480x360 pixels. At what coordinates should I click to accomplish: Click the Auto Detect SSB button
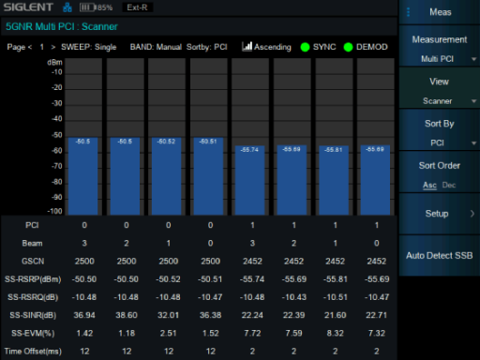pyautogui.click(x=439, y=256)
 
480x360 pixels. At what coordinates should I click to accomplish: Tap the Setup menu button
pyautogui.click(x=439, y=214)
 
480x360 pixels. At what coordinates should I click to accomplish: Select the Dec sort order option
pyautogui.click(x=449, y=185)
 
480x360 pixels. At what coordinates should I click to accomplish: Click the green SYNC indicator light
pyautogui.click(x=305, y=47)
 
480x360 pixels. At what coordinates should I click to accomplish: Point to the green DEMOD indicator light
pyautogui.click(x=348, y=47)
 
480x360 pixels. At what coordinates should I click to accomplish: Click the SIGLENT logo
pyautogui.click(x=28, y=7)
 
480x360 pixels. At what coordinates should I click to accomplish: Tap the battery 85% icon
pyautogui.click(x=96, y=7)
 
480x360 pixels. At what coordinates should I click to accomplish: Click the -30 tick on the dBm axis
pyautogui.click(x=57, y=103)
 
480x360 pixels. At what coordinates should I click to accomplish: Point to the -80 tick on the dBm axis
pyautogui.click(x=57, y=182)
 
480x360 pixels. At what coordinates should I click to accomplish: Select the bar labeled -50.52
pyautogui.click(x=167, y=176)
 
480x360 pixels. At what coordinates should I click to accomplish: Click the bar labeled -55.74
pyautogui.click(x=250, y=180)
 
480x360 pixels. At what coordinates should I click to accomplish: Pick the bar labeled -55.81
pyautogui.click(x=334, y=180)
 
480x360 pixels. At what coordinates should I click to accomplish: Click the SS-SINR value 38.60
pyautogui.click(x=127, y=315)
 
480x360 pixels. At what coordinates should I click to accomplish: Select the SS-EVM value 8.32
pyautogui.click(x=335, y=333)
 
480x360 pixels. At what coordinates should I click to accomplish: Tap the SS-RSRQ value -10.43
pyautogui.click(x=293, y=297)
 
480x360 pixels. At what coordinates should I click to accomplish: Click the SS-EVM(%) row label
pyautogui.click(x=33, y=334)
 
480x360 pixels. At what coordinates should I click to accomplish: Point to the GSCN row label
pyautogui.click(x=33, y=262)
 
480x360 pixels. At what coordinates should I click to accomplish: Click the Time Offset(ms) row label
pyautogui.click(x=33, y=352)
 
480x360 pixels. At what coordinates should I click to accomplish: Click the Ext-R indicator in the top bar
pyautogui.click(x=137, y=7)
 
